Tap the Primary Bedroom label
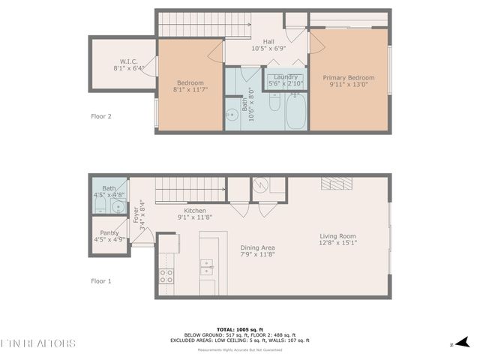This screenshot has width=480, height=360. tap(348, 77)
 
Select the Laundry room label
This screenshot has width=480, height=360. tap(285, 76)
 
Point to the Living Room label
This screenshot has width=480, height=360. tap(337, 235)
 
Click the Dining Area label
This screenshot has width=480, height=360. tap(257, 247)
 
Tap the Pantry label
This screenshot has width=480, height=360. tap(109, 232)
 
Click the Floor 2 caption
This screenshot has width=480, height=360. tap(100, 116)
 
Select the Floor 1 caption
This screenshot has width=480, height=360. tap(100, 281)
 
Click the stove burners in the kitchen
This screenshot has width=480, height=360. tap(166, 275)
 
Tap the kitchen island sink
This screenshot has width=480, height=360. tap(207, 264)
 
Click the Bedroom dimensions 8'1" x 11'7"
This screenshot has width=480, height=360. tap(190, 90)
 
